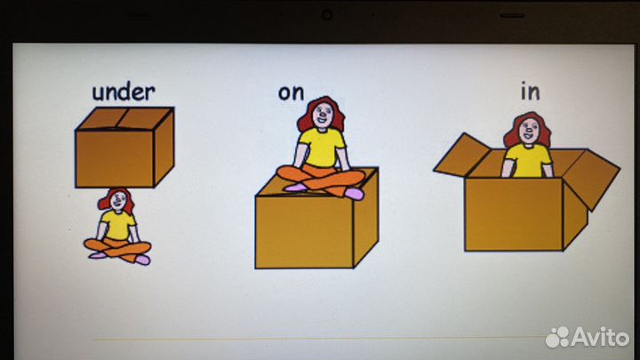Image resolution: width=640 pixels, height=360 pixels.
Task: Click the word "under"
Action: pyautogui.click(x=124, y=92)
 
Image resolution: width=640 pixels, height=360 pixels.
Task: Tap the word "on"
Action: pyautogui.click(x=291, y=93)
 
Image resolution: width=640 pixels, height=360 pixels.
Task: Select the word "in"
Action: pyautogui.click(x=530, y=92)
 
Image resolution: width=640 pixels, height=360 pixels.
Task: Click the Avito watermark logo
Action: pyautogui.click(x=588, y=337)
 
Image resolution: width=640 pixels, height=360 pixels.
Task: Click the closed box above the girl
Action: pyautogui.click(x=124, y=148)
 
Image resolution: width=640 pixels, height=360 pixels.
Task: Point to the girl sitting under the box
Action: pyautogui.click(x=117, y=226)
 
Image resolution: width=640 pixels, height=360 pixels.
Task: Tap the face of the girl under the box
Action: pyautogui.click(x=119, y=201)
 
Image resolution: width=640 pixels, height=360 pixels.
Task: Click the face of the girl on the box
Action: pyautogui.click(x=322, y=116)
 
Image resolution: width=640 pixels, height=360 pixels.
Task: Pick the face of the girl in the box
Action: pyautogui.click(x=529, y=132)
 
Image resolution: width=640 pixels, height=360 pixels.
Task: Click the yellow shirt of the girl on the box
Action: pyautogui.click(x=321, y=148)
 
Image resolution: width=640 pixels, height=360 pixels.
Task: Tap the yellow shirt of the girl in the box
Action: pyautogui.click(x=528, y=161)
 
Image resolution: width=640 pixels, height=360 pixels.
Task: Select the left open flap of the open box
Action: pyautogui.click(x=462, y=155)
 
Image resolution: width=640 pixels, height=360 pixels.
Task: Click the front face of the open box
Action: pyautogui.click(x=514, y=214)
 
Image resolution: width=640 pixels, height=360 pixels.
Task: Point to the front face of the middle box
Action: pyautogui.click(x=305, y=232)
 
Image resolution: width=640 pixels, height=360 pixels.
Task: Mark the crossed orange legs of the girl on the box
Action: pyautogui.click(x=321, y=180)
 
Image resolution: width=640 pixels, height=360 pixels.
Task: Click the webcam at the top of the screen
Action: pyautogui.click(x=326, y=15)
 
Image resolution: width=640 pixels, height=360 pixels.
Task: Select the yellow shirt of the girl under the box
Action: pyautogui.click(x=118, y=225)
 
